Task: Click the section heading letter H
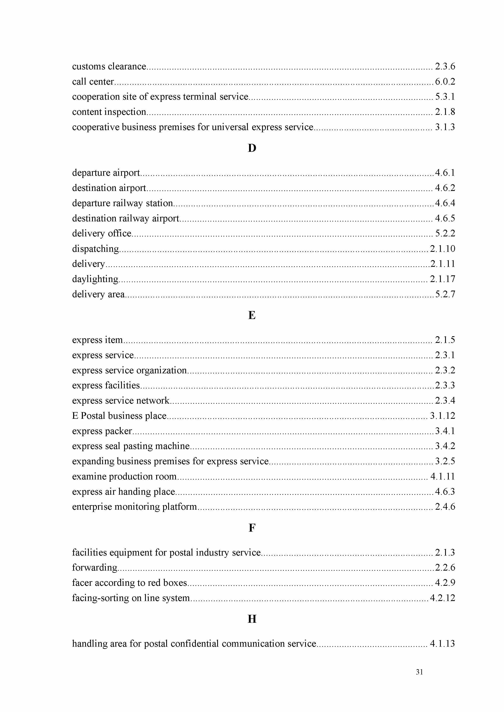pos(252,619)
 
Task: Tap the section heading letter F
pos(252,528)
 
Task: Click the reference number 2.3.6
pos(445,66)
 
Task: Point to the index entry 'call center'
pos(93,82)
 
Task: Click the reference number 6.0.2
pos(445,82)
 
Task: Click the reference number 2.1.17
pos(442,279)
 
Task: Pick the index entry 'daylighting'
pos(95,279)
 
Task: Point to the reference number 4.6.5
pos(445,218)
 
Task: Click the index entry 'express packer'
pos(102,431)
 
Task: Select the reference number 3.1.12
pos(442,416)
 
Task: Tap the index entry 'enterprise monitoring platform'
pos(134,507)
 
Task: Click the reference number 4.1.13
pos(442,643)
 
